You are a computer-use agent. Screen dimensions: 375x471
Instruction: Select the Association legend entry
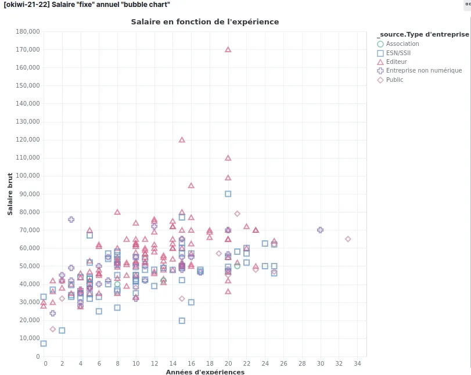point(402,44)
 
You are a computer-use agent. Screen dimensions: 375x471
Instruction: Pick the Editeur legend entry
point(396,62)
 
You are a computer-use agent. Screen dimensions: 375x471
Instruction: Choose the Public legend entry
point(394,80)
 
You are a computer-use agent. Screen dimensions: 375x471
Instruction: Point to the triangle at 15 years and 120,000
point(182,140)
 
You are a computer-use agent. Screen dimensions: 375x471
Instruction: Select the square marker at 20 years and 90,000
point(228,194)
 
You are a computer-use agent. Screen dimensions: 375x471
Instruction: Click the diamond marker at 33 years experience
point(348,239)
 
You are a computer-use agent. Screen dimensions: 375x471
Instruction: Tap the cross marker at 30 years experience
point(320,230)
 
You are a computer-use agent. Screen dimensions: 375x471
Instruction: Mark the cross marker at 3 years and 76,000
point(71,219)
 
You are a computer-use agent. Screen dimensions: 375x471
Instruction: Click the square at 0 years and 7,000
point(44,344)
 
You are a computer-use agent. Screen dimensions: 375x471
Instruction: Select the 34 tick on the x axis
point(357,363)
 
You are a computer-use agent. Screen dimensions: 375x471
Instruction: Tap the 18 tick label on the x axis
point(210,363)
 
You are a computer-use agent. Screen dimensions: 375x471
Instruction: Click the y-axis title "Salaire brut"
point(10,194)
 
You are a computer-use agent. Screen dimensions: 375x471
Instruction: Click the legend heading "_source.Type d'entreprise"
point(422,34)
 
